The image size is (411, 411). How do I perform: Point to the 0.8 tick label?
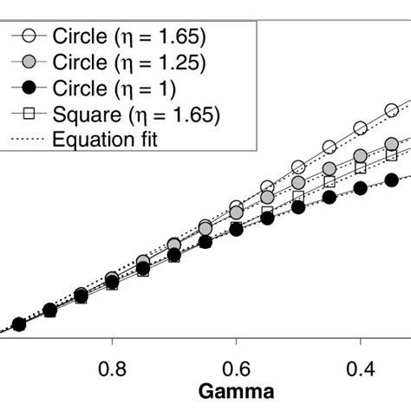[112, 369]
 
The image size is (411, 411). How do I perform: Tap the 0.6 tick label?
[236, 369]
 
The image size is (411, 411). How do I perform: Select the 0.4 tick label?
[360, 369]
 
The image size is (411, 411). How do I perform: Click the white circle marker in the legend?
[28, 36]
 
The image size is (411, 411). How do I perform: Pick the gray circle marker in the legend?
[28, 62]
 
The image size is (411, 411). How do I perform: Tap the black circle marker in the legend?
[28, 88]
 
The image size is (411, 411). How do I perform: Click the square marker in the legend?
[28, 113]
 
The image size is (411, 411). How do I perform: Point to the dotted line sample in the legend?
[28, 137]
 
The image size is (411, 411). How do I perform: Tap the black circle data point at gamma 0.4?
[360, 189]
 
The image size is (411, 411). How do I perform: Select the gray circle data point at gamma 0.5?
[298, 183]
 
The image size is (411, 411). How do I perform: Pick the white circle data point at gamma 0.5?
[298, 166]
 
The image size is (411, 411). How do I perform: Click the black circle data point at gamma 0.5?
[298, 207]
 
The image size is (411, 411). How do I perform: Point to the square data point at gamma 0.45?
[329, 182]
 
